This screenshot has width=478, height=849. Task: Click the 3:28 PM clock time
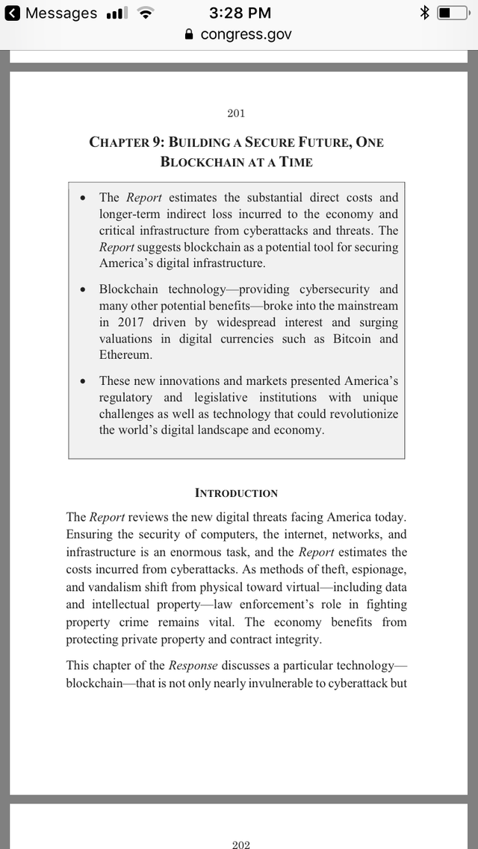click(240, 13)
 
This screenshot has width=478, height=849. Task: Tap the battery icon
click(453, 13)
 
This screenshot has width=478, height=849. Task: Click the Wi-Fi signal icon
click(147, 13)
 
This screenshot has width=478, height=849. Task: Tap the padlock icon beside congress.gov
click(189, 34)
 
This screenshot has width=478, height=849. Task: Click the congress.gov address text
click(246, 34)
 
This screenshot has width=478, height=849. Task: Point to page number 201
click(236, 113)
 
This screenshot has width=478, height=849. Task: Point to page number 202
click(240, 845)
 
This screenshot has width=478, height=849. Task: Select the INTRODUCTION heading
click(236, 492)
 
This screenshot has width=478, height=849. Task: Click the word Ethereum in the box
click(125, 355)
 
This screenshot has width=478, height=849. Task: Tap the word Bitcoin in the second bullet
click(353, 339)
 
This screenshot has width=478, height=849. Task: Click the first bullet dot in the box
click(83, 198)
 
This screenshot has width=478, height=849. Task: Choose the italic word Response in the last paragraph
click(193, 665)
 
